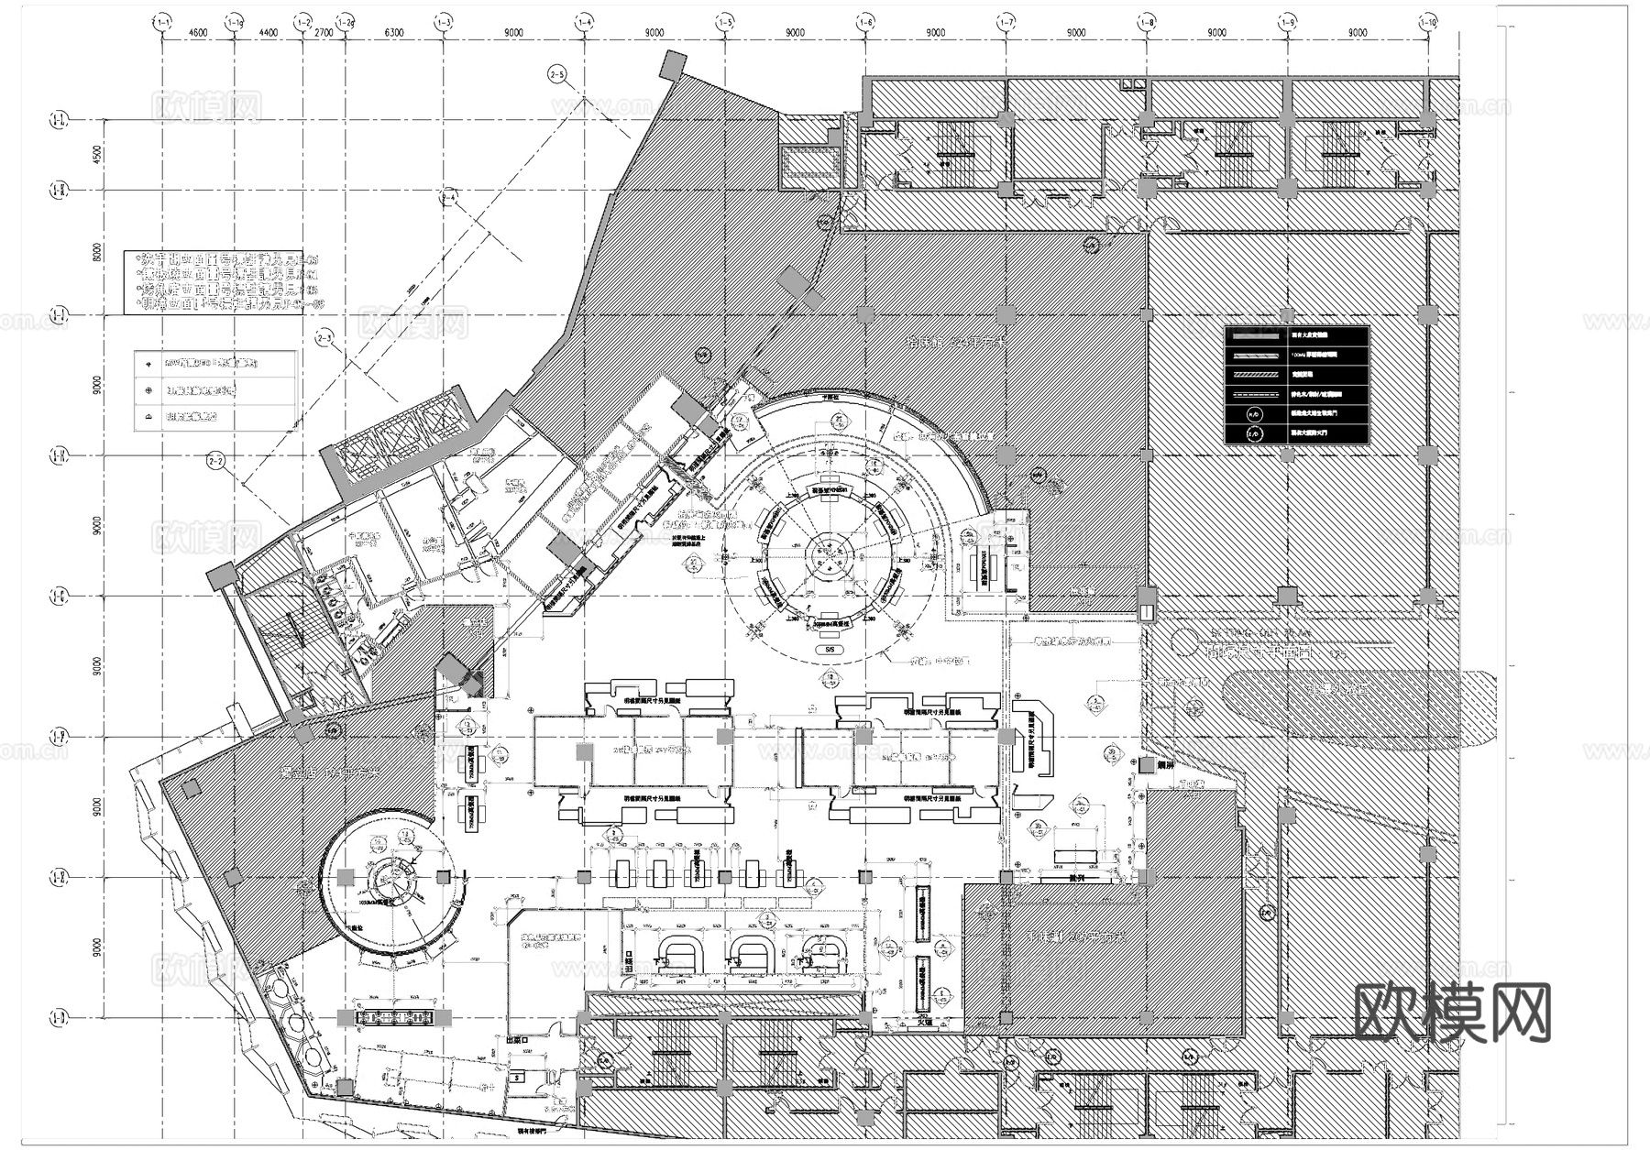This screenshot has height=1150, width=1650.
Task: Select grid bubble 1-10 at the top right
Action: coord(1427,19)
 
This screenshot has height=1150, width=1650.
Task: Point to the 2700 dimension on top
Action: coord(324,33)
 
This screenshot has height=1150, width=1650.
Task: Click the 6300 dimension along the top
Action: coord(394,33)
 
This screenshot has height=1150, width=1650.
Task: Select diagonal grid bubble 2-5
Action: coord(556,73)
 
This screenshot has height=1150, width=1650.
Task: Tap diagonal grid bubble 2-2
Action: coord(217,461)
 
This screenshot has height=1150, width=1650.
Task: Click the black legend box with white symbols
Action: coord(1296,385)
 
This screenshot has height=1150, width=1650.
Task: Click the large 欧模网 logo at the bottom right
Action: coord(1452,1012)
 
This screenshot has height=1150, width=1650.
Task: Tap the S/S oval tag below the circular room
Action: coord(830,649)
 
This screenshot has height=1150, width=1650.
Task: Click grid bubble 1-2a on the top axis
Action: coord(345,19)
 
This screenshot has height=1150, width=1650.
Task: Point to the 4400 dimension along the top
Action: coord(268,33)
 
